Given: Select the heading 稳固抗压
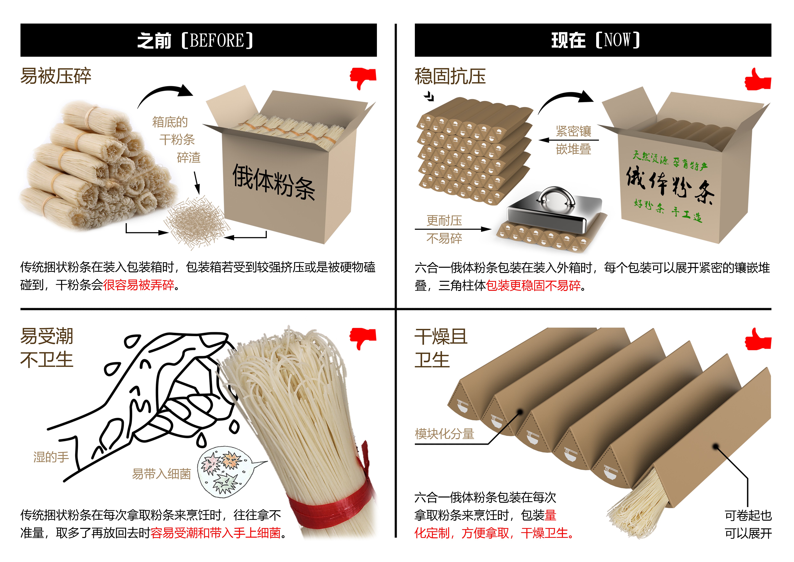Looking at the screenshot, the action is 450,76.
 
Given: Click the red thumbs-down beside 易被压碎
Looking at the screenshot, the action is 363,78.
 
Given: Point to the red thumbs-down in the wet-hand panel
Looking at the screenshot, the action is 363,338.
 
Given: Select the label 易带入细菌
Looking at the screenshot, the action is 161,474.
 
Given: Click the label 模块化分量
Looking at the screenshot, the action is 444,434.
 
